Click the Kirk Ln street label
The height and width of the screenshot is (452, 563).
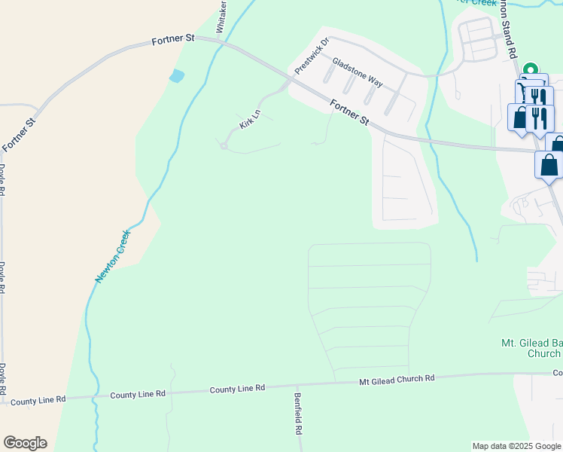coord(250,120)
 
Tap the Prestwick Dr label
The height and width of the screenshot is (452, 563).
coord(312,56)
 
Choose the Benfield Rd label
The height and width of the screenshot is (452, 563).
coord(299,414)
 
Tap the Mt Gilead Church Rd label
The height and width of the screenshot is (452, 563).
coord(397,380)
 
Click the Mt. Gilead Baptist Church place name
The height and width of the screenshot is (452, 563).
coord(531,348)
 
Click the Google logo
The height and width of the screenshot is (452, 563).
coord(25,443)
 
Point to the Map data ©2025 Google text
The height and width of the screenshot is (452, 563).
coord(516,446)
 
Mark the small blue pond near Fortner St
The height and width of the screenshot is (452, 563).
coord(176,76)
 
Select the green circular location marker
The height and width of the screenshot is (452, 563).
coord(531,69)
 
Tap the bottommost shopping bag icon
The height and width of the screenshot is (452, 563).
coord(548,164)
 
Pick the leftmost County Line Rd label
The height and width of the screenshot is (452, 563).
coord(34,399)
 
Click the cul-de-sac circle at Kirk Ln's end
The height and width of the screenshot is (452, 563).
coord(224,146)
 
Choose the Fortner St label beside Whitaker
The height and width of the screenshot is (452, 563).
coord(173,39)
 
